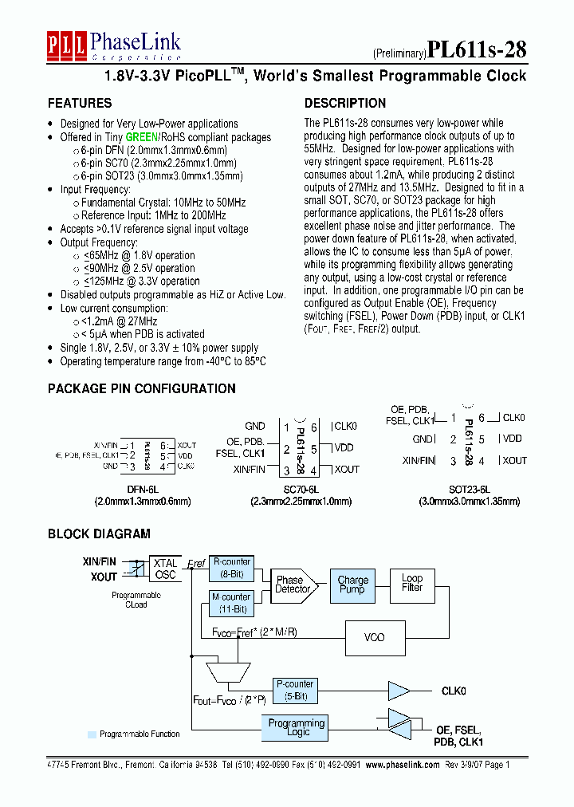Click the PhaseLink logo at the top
113,45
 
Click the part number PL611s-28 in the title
477,50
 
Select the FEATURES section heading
80,104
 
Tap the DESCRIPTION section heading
345,104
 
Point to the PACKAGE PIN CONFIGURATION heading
142,389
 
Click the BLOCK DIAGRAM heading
99,534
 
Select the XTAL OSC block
166,569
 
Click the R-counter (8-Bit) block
231,567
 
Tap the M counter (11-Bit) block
231,602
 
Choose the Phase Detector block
292,585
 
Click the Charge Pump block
352,585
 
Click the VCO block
374,637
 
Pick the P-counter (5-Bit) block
295,690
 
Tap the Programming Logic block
296,728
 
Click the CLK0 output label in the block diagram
454,691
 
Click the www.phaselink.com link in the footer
403,764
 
